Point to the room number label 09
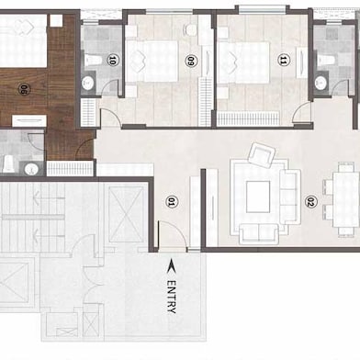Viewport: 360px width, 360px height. pos(191,62)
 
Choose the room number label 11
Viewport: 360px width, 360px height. pos(283,62)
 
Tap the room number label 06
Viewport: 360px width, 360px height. pos(24,90)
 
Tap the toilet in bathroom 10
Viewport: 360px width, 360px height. pos(94,62)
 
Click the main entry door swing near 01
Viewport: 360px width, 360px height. pos(171,235)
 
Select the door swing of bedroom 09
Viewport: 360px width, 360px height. pos(110,118)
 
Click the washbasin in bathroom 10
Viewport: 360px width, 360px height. pos(88,83)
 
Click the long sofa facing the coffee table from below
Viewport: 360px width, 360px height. pos(261,230)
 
